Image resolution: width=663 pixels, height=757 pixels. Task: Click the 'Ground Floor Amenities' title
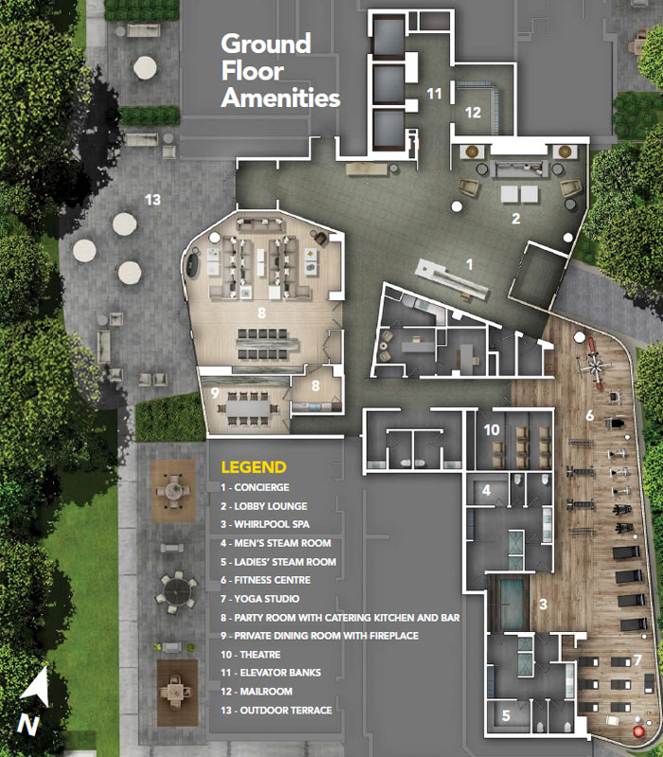[280, 71]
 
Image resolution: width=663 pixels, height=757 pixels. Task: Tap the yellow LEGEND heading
[254, 467]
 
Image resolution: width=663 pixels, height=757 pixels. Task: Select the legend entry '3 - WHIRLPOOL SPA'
[265, 524]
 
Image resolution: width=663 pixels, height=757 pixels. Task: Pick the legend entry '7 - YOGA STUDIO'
[260, 599]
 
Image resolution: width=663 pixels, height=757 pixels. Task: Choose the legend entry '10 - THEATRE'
[250, 655]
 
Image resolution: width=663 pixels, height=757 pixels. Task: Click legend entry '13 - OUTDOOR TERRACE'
[276, 711]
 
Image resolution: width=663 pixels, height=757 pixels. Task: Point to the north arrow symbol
[36, 687]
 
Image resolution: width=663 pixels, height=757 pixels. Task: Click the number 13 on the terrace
[152, 199]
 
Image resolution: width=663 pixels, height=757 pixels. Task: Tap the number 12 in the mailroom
[473, 113]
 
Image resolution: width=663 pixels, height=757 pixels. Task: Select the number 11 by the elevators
[435, 93]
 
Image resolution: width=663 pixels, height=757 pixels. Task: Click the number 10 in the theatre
[492, 430]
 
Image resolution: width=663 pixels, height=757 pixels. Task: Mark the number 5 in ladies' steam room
[506, 715]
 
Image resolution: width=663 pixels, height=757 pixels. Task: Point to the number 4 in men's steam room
[487, 491]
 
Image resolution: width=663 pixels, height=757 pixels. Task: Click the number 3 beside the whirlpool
[544, 604]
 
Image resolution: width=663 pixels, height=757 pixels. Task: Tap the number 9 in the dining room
[215, 392]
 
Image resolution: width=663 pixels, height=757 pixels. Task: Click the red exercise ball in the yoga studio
[639, 731]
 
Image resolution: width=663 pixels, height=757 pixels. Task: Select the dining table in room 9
[248, 409]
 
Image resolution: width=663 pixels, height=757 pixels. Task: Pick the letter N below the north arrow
[28, 726]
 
